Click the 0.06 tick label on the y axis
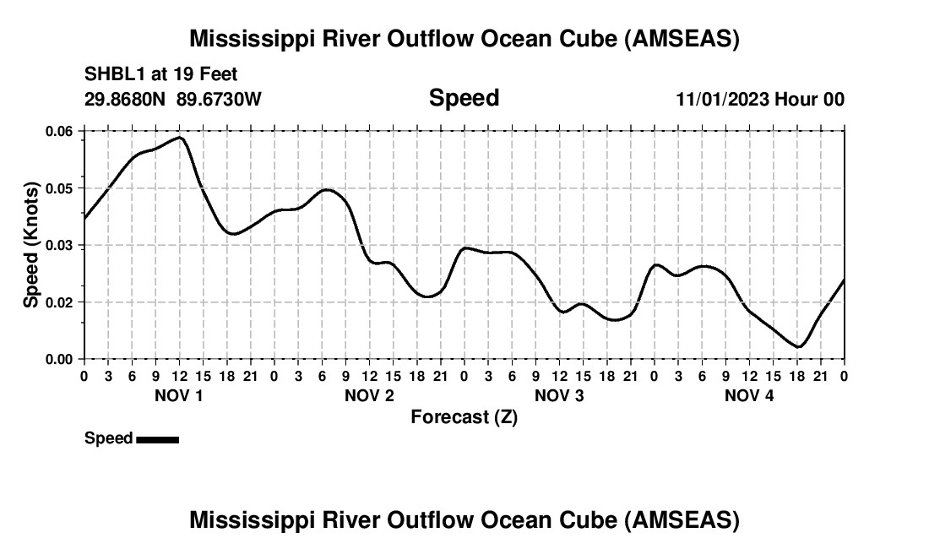[x=60, y=131]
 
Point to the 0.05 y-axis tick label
[x=60, y=188]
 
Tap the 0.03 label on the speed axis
[x=60, y=245]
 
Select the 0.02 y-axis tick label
[x=60, y=302]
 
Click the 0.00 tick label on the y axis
[x=60, y=359]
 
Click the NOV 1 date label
[x=178, y=395]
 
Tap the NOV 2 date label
[x=369, y=395]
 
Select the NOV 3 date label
[x=559, y=395]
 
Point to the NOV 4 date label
[x=749, y=395]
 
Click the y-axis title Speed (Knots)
[x=31, y=245]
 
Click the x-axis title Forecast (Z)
[x=464, y=417]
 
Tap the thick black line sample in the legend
[x=157, y=439]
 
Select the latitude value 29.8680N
[x=126, y=99]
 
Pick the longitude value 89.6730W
[x=220, y=99]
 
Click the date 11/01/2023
[x=722, y=100]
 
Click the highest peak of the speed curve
[x=180, y=137]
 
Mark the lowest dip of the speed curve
[x=798, y=346]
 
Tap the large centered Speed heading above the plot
[x=464, y=98]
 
